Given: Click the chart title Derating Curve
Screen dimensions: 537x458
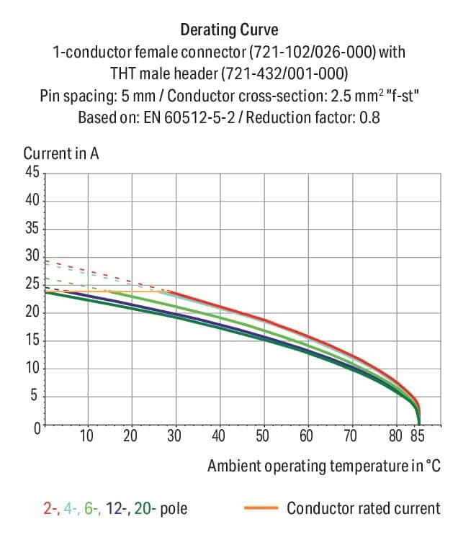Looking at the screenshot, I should (x=228, y=30).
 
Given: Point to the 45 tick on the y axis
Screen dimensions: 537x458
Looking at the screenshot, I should (x=32, y=173).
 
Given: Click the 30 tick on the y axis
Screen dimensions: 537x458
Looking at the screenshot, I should (x=32, y=257).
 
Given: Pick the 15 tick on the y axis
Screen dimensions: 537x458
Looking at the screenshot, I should (x=32, y=341).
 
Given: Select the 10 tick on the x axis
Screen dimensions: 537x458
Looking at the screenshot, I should (x=87, y=436).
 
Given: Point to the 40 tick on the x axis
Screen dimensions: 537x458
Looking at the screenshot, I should (x=219, y=436).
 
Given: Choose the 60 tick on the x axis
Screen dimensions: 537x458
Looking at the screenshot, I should (x=307, y=436).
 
